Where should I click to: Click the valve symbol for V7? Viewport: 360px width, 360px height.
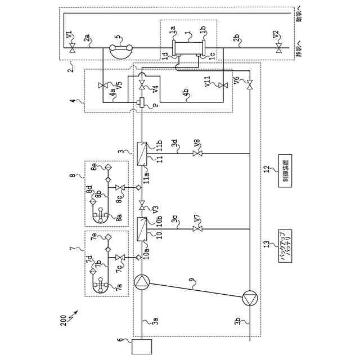click(197, 229)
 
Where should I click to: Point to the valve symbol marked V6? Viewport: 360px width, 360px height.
click(249, 84)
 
